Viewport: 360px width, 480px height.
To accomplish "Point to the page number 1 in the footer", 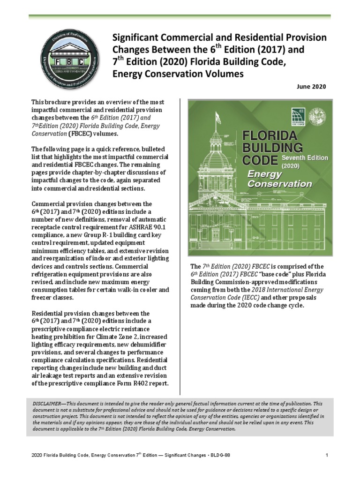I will pyautogui.click(x=325, y=455).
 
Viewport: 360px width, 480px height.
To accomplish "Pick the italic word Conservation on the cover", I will pyautogui.click(x=279, y=184).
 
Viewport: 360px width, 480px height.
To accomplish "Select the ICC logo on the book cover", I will pyautogui.click(x=297, y=116).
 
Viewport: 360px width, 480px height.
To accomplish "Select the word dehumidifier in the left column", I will pyautogui.click(x=141, y=345).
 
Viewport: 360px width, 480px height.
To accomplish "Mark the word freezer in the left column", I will pyautogui.click(x=41, y=297).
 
